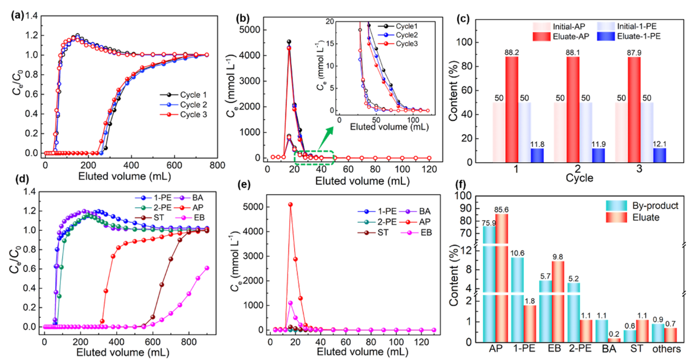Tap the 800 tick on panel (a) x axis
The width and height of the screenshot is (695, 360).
(x=217, y=166)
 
